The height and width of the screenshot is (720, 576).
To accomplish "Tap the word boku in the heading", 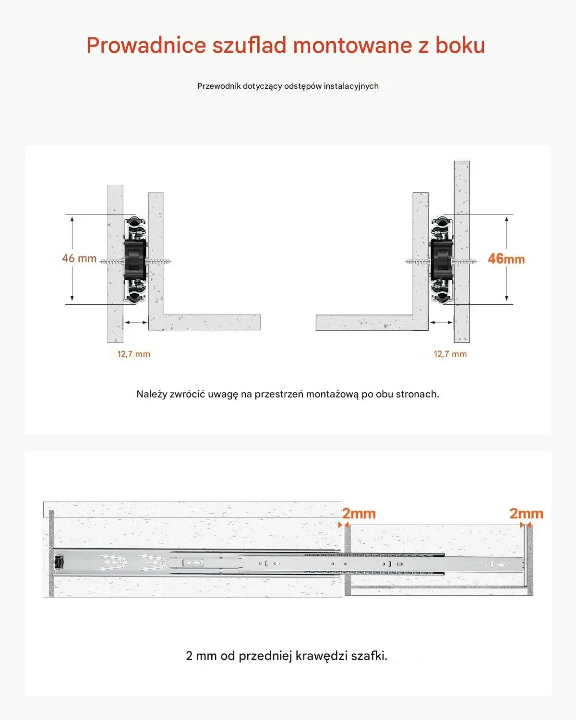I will (460, 46).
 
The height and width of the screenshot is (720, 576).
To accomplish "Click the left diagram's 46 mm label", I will (79, 259).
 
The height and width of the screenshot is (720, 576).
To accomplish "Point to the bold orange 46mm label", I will (506, 259).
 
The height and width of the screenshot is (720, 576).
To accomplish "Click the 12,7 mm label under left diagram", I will (134, 354).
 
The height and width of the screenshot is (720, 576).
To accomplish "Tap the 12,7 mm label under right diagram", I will (450, 354).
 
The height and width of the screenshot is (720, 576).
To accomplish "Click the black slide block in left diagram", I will (135, 260).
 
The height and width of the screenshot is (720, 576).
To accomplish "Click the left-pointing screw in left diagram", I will (111, 262).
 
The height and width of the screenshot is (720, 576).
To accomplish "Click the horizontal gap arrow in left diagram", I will (136, 323).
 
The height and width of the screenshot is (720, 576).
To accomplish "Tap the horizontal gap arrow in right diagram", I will (441, 323).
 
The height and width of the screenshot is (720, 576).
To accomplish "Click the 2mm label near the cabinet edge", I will (359, 514).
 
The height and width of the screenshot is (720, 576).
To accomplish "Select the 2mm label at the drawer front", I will (526, 514).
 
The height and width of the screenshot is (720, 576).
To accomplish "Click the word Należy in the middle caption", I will (152, 395).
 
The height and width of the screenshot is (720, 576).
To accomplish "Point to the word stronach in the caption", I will (417, 395).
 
